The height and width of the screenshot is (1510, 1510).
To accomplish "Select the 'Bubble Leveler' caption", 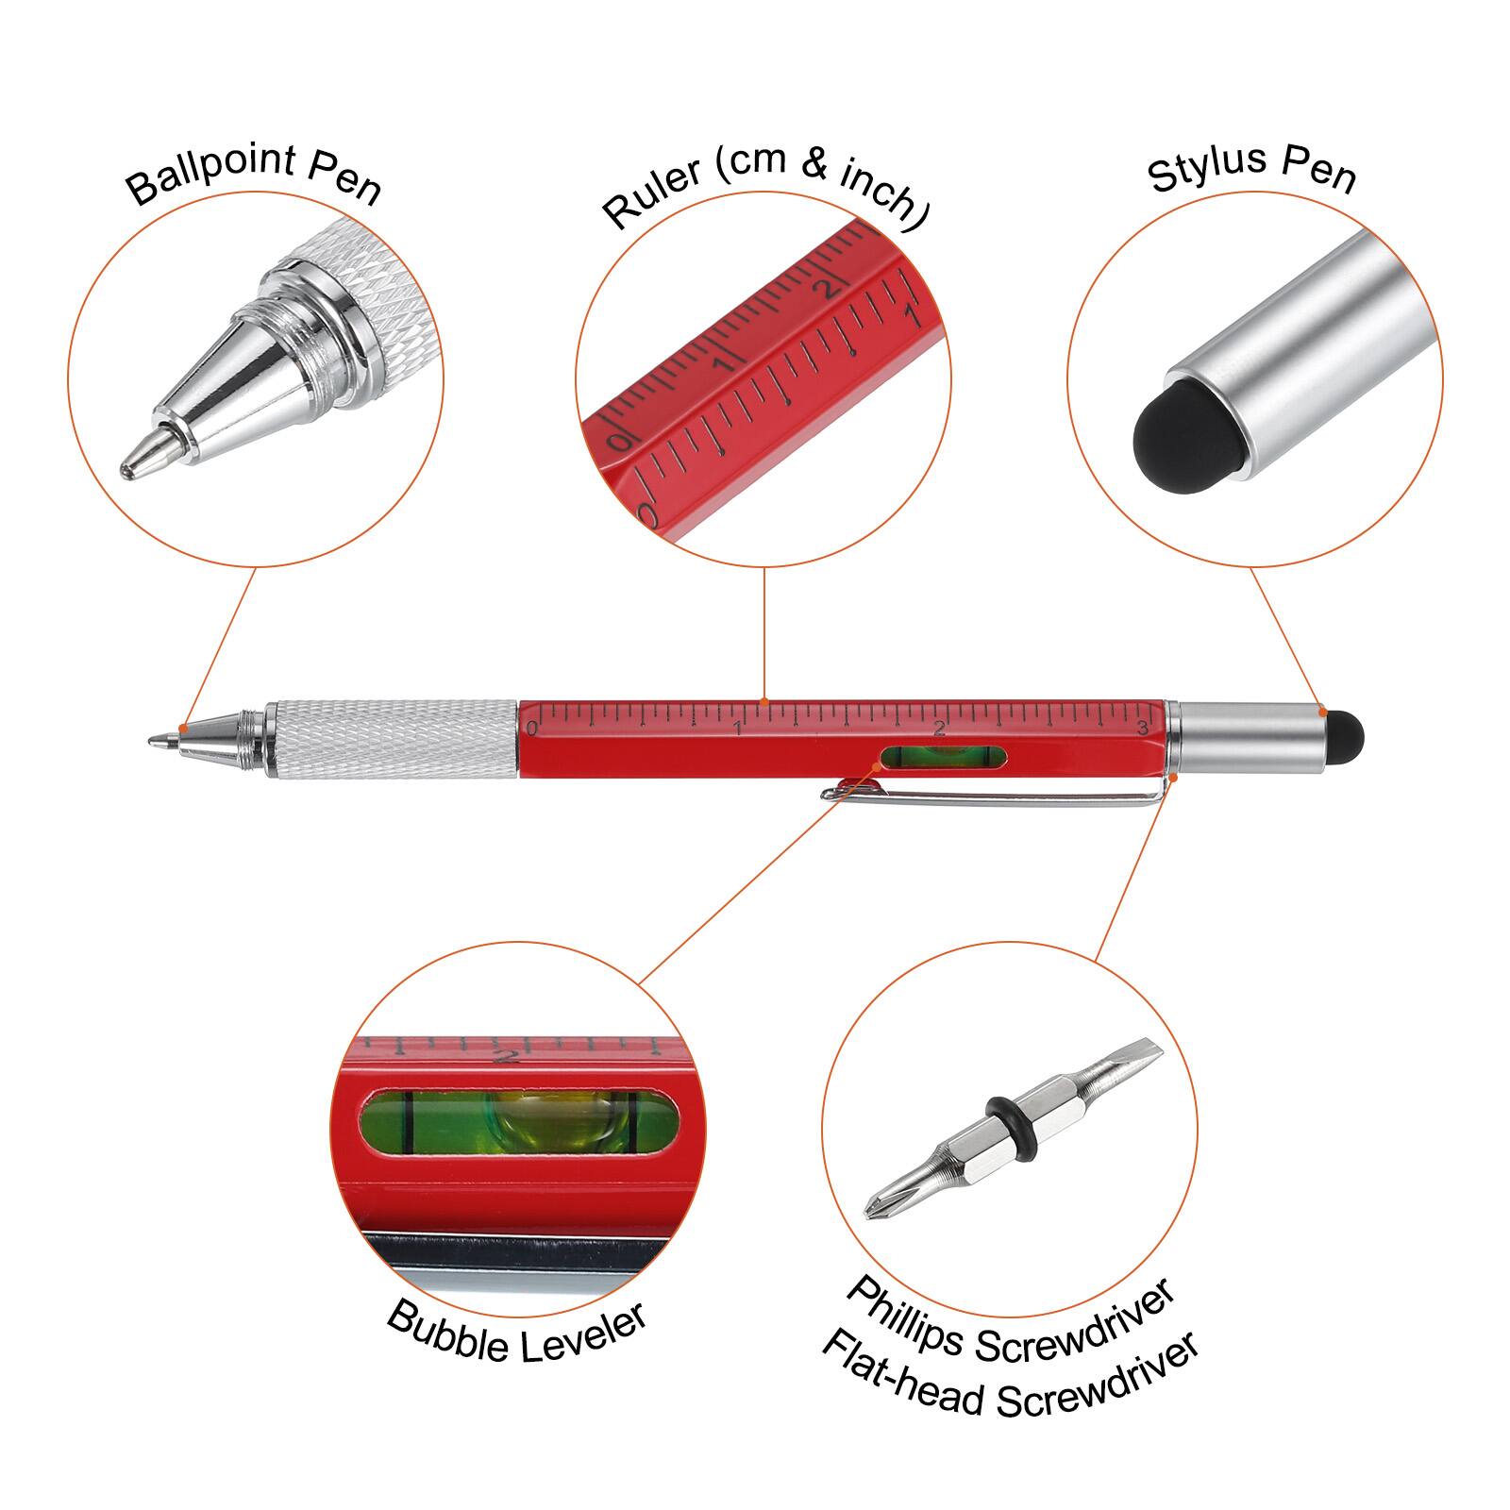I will tap(517, 1331).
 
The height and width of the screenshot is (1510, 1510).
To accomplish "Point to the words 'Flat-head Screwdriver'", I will tap(1010, 1376).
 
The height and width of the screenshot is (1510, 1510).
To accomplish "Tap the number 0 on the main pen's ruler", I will tap(531, 728).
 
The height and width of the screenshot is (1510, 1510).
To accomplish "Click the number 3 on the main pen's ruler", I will tap(1142, 727).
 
